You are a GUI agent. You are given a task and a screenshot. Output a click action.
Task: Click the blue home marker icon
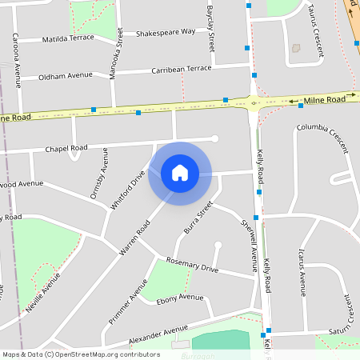pyautogui.click(x=180, y=173)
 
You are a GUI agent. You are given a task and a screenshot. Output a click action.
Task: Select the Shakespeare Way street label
pyautogui.click(x=166, y=33)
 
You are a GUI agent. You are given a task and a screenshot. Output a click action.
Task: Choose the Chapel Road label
pyautogui.click(x=66, y=148)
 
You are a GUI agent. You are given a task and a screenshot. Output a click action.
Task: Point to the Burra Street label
pyautogui.click(x=198, y=218)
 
